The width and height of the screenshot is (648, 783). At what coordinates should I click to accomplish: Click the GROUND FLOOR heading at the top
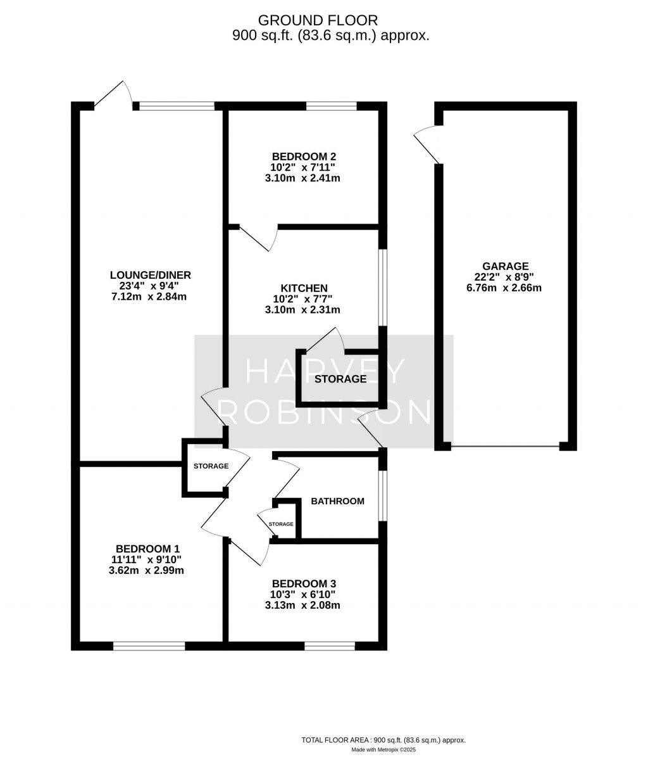coord(327,21)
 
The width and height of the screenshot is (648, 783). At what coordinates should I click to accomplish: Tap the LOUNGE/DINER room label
coord(150,275)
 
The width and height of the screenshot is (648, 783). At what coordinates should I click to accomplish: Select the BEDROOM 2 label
coord(304,156)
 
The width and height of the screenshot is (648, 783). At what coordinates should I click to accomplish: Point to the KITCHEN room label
coord(304,288)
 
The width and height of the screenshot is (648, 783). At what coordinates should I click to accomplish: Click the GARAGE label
coord(505,267)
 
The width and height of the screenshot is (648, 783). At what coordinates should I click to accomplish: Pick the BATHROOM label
coord(337,501)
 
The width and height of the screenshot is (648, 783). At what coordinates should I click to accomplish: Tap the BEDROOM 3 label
coord(304,583)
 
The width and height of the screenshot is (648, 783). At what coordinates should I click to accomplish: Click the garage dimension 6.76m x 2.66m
coord(505,288)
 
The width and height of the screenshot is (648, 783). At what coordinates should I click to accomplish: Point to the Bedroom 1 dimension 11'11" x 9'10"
coord(146,559)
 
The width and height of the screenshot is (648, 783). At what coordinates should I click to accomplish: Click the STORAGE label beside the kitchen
coord(340,379)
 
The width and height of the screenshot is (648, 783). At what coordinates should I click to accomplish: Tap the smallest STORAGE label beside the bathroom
coord(281,524)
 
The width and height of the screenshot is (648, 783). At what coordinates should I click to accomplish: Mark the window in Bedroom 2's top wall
coord(332,106)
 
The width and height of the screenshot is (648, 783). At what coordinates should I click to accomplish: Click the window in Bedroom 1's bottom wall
coord(149,646)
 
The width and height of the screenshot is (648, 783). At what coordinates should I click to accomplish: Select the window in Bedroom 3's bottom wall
coord(330,646)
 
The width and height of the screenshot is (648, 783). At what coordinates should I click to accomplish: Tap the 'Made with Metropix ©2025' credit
coord(383,750)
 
